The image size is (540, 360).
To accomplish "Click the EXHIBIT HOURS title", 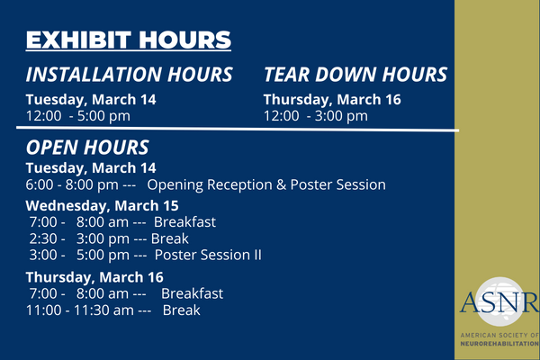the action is coord(129,40).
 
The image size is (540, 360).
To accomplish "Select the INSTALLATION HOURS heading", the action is coord(129,75).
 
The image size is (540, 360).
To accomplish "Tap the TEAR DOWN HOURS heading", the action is coord(355,75).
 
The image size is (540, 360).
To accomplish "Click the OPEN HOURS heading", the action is coord(87,148).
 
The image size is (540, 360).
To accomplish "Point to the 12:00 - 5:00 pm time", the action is coord(78,116).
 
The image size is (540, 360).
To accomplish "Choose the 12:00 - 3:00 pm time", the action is coord(316,116).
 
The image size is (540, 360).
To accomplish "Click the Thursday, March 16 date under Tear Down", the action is coord(332,100).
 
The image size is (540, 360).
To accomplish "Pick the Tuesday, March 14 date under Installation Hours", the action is coord(91,100).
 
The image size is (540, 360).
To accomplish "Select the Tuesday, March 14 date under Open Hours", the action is coord(91,168).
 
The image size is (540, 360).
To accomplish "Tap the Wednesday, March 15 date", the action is coord(102,206).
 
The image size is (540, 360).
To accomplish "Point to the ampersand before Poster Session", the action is coord(282,185).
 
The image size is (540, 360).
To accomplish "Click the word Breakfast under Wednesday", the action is coord(184,222).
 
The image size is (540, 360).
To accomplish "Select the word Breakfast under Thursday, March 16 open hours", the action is coord(193,294).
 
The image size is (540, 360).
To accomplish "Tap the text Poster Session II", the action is coord(208,256).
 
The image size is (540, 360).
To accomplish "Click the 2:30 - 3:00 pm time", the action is coord(79,238).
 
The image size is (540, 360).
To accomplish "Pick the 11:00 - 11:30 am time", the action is coord(80,310).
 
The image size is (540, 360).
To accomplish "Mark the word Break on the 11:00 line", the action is coord(181,310).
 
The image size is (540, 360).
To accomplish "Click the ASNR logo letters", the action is coord(499,302).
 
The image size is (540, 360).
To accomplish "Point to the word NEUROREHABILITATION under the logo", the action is coord(499,344).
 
